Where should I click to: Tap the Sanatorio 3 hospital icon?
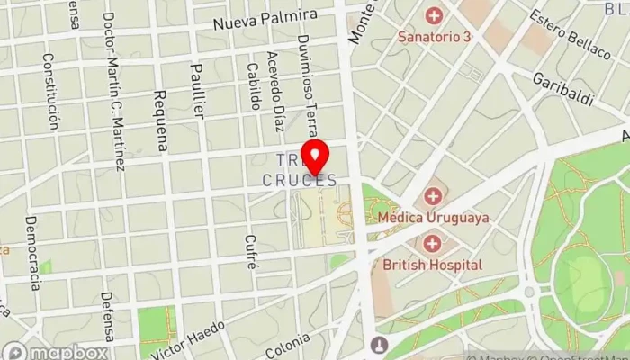[x=435, y=15]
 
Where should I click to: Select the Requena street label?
[x=162, y=121]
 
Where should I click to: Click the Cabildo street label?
[x=256, y=87]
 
